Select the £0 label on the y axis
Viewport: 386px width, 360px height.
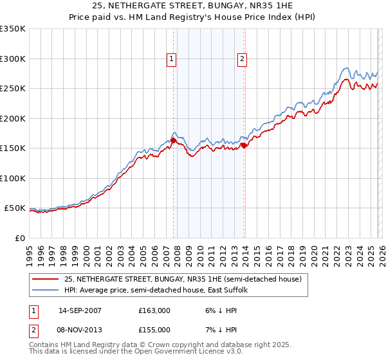[19, 238]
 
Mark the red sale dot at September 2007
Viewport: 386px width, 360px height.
[174, 141]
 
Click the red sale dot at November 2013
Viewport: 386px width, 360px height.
[244, 145]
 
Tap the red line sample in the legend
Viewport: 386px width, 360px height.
[46, 279]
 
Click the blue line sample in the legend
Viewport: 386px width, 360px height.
[46, 290]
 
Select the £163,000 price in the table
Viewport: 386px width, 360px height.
[154, 310]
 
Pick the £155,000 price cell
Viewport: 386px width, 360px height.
[154, 329]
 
